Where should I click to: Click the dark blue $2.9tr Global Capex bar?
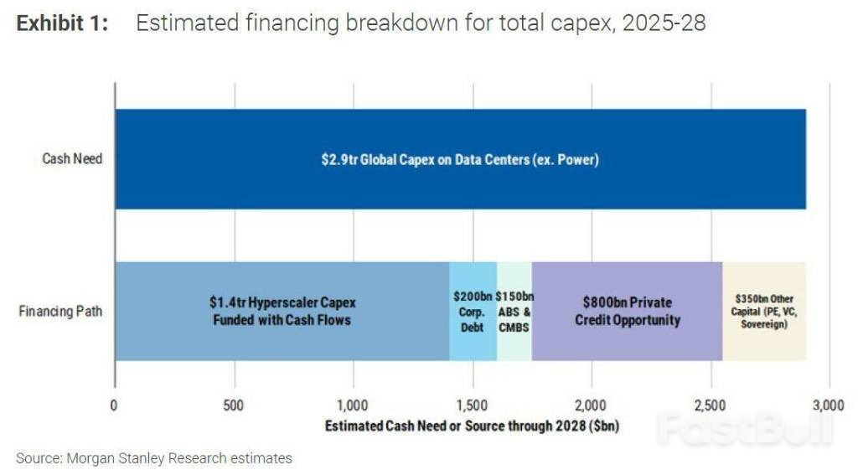[460, 159]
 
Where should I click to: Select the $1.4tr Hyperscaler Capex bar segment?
[282, 311]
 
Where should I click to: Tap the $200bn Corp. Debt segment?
[473, 311]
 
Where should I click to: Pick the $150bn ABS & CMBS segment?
[514, 311]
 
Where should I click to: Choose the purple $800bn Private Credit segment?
[627, 311]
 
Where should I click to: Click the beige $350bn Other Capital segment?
[764, 311]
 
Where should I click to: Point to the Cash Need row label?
[72, 158]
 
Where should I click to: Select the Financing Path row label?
[60, 312]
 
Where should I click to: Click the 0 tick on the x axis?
[114, 406]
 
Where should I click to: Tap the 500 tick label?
[234, 406]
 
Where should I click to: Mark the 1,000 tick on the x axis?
[353, 406]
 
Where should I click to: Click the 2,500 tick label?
[710, 406]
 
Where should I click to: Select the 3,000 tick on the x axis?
[829, 406]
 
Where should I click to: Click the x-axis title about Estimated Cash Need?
[472, 426]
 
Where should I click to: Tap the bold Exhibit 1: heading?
[63, 23]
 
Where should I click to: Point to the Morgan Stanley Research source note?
[154, 458]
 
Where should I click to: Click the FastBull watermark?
[744, 429]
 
